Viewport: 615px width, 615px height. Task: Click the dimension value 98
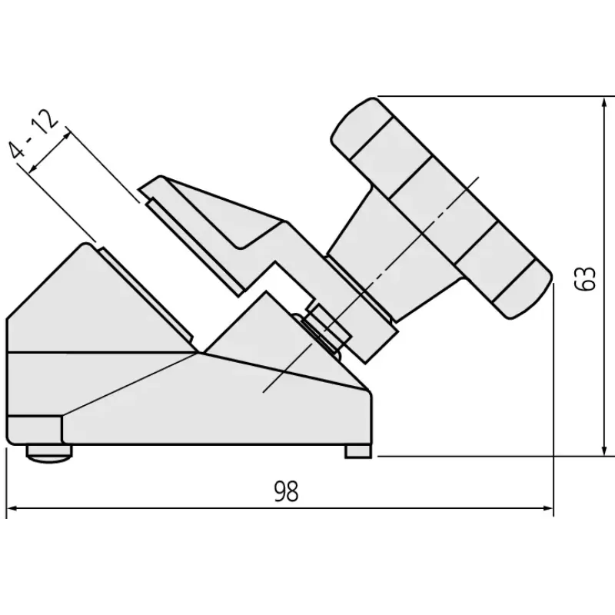[x=286, y=491]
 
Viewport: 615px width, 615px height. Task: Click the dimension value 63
[x=584, y=279]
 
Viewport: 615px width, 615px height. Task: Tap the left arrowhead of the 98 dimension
[x=12, y=508]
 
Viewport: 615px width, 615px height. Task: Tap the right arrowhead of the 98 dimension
[x=547, y=508]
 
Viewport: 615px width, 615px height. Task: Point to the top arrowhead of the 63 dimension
[x=604, y=103]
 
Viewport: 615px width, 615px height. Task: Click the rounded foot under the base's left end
[x=49, y=452]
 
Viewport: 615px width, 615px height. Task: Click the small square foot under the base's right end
[x=358, y=451]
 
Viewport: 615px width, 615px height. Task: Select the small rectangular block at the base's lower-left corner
[x=35, y=430]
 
